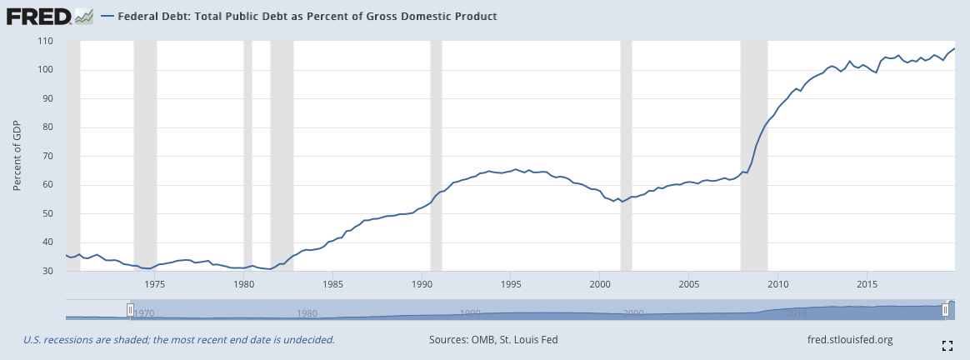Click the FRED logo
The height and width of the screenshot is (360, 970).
pyautogui.click(x=49, y=16)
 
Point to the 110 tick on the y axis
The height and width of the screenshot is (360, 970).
pyautogui.click(x=44, y=41)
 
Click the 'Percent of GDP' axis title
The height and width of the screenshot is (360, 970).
pyautogui.click(x=17, y=156)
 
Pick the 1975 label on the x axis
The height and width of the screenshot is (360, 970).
pyautogui.click(x=155, y=284)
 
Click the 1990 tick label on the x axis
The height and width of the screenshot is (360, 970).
pyautogui.click(x=422, y=284)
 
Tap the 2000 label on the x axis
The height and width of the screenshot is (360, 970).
pyautogui.click(x=599, y=284)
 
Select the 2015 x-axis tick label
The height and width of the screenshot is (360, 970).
pyautogui.click(x=866, y=284)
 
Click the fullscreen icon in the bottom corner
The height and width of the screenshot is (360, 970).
pyautogui.click(x=947, y=346)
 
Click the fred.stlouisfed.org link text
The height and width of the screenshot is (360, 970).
pyautogui.click(x=850, y=340)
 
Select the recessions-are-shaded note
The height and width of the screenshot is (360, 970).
pyautogui.click(x=179, y=340)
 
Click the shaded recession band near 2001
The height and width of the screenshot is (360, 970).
pyautogui.click(x=626, y=156)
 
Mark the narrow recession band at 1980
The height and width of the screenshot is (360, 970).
pyautogui.click(x=247, y=156)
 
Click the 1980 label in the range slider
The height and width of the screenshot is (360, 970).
pyautogui.click(x=307, y=313)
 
